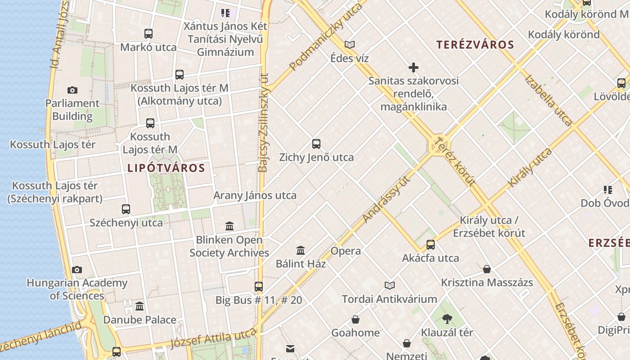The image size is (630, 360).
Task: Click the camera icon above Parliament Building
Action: (x=72, y=90)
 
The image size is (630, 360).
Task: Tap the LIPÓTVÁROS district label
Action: (x=166, y=168)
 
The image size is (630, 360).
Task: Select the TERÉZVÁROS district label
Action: (x=475, y=45)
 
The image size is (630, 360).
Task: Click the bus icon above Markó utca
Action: (x=148, y=34)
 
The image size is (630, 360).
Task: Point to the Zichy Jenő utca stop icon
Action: (x=316, y=144)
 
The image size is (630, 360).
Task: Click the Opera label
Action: (x=346, y=251)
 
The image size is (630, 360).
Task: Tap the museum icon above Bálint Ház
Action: (x=301, y=250)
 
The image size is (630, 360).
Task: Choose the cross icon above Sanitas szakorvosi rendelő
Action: (x=414, y=68)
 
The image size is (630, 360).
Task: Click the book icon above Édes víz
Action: (x=350, y=45)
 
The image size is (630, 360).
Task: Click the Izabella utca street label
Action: (x=549, y=100)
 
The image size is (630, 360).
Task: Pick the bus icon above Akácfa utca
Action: (x=431, y=245)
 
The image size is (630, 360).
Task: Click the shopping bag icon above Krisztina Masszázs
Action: (x=487, y=270)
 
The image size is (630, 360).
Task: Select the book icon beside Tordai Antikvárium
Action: (x=390, y=285)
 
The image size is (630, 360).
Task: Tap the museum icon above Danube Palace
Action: (x=139, y=306)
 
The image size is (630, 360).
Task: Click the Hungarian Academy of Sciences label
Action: (x=77, y=289)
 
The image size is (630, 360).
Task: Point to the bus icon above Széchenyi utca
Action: (x=126, y=209)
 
